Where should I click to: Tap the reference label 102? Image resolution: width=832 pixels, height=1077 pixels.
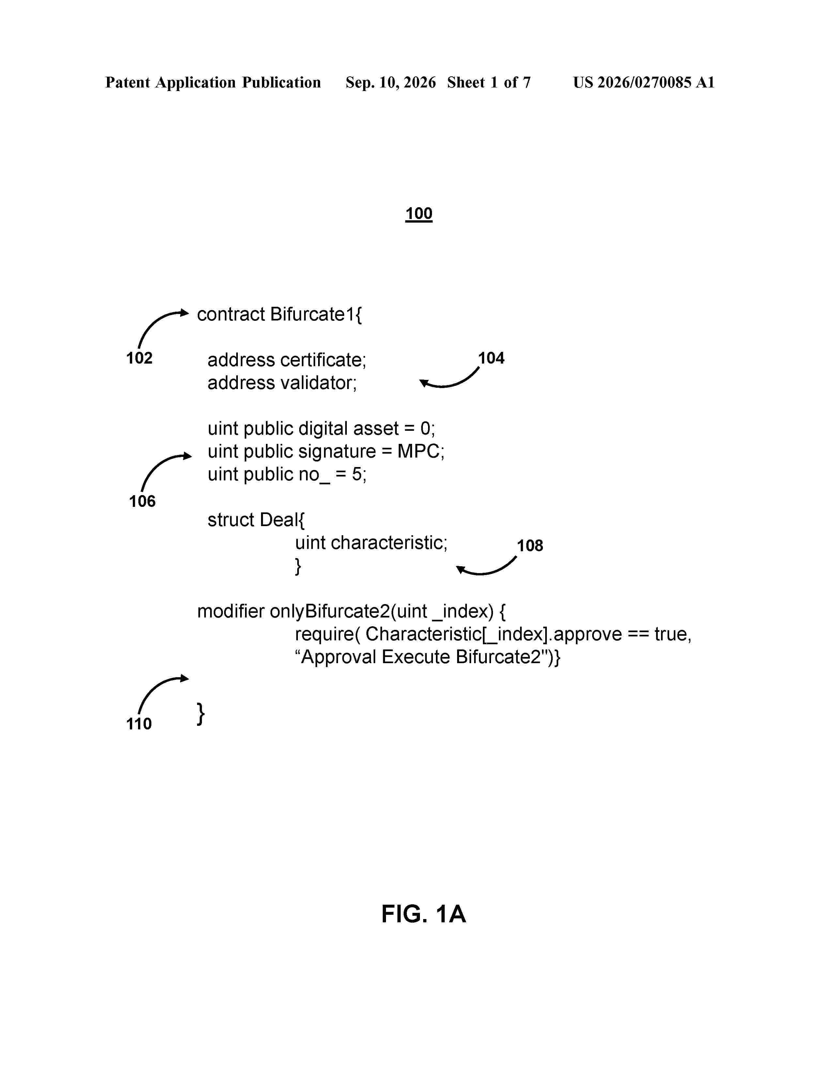pyautogui.click(x=140, y=358)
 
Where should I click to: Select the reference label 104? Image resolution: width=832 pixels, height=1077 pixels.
pyautogui.click(x=491, y=358)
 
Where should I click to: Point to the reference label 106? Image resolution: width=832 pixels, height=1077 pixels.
pyautogui.click(x=143, y=501)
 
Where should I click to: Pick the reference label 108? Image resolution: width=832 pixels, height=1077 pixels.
pyautogui.click(x=530, y=545)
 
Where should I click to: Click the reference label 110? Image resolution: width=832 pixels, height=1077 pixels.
pyautogui.click(x=139, y=724)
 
